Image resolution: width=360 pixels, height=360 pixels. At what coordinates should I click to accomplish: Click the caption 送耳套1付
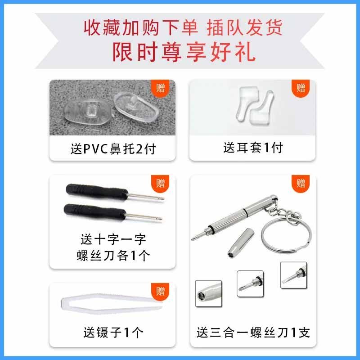(x=253, y=148)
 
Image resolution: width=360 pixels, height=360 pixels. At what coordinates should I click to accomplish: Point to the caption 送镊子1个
(x=113, y=333)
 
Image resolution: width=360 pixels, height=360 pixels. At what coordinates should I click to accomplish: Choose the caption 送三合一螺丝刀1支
(x=253, y=333)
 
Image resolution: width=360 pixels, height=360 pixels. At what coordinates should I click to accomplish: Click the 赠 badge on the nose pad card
(x=160, y=87)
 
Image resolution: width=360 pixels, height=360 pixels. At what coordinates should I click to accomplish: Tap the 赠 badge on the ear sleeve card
(x=301, y=87)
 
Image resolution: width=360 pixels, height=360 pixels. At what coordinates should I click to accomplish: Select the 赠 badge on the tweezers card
(x=160, y=290)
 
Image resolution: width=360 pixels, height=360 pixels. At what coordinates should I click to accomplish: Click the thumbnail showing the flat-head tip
(x=293, y=275)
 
